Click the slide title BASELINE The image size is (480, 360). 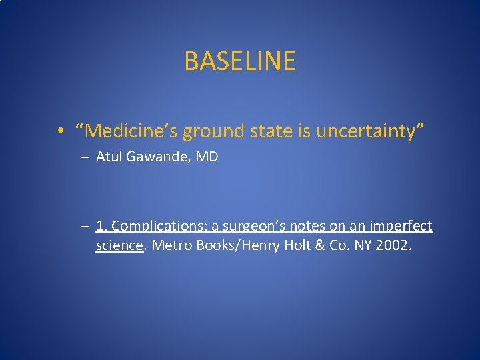240,61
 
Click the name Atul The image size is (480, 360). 110,158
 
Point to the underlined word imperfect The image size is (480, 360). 401,227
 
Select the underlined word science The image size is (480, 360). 119,246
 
